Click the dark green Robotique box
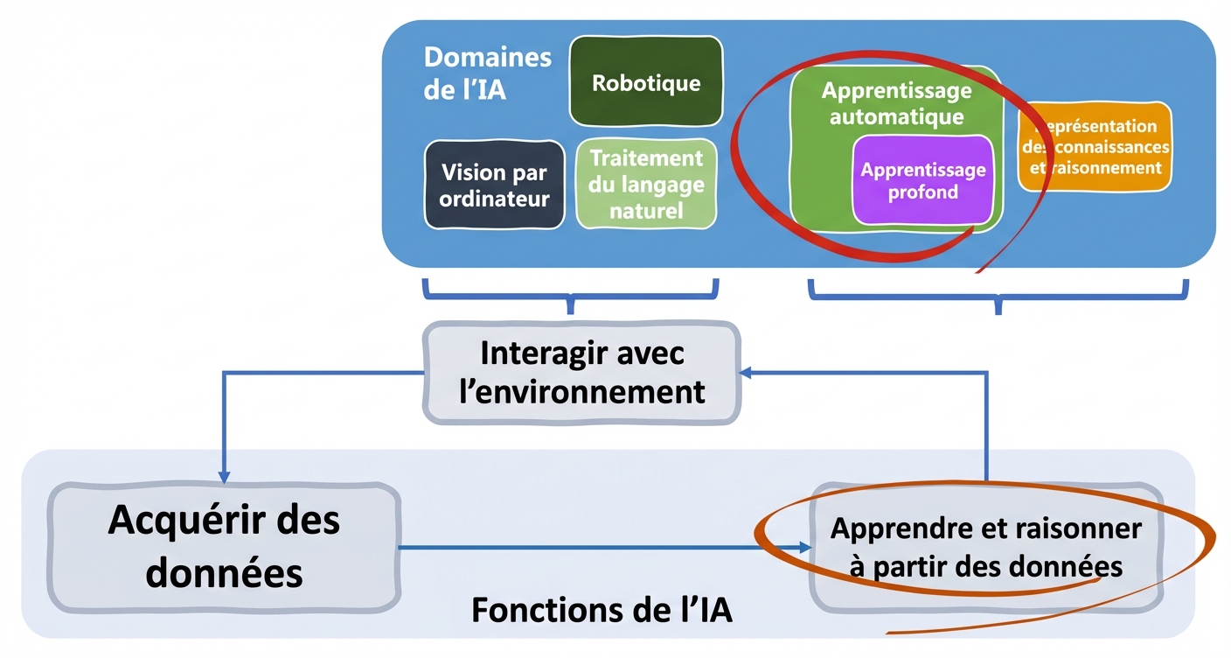646,82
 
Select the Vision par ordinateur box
494,185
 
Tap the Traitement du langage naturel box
646,185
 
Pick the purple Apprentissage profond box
923,181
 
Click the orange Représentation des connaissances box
1095,147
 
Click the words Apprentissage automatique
896,103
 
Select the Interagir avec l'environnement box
581,372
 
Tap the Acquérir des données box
224,547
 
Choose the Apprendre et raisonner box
985,548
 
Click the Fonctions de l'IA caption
602,610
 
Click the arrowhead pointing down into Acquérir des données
224,476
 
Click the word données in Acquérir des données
224,573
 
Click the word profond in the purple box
923,192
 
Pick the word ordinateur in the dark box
494,199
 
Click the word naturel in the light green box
646,210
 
